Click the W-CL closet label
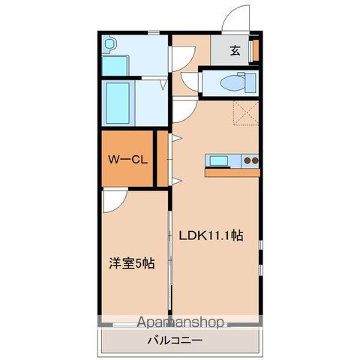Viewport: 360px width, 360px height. pos(127,159)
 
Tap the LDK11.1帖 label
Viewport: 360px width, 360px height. pos(210,235)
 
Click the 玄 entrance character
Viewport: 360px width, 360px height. pos(235,51)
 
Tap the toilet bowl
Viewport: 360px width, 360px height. pos(233,82)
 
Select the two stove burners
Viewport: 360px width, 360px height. pos(250,160)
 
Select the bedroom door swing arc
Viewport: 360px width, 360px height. pos(114,199)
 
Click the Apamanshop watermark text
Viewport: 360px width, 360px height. pos(180,322)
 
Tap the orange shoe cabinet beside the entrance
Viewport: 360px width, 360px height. pos(255,50)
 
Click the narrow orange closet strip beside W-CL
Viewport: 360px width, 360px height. pos(161,159)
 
